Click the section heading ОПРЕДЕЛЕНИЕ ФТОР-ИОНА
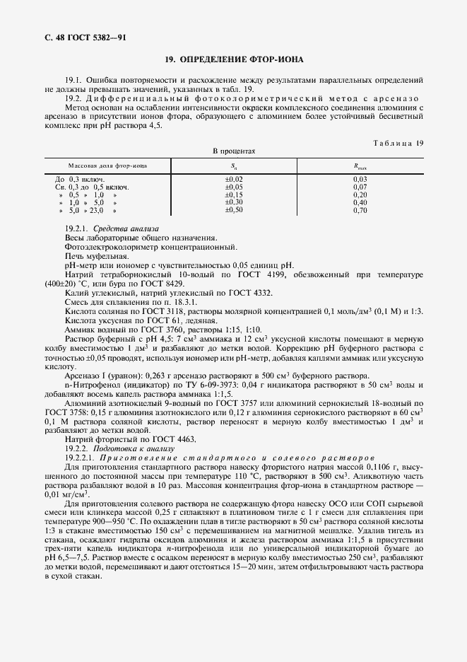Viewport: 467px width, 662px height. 234,60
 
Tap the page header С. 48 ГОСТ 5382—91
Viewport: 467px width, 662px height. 80,37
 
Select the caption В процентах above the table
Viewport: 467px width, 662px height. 234,151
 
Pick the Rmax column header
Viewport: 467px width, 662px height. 360,165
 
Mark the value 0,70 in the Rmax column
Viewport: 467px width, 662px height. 360,210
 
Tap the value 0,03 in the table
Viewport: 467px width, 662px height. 360,179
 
